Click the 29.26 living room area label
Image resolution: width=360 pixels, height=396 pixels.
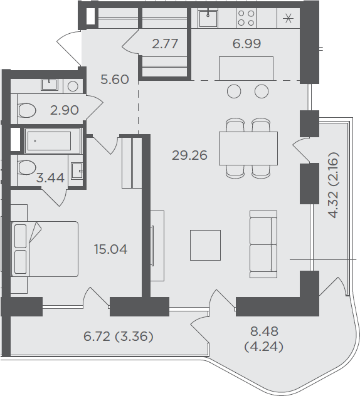pos(189,155)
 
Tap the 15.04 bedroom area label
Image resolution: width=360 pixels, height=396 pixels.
pos(111,249)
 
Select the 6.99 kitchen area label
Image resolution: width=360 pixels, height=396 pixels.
pos(246,44)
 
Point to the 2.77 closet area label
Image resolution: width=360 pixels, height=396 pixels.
pos(165,44)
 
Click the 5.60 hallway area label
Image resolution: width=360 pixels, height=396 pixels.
pos(115,80)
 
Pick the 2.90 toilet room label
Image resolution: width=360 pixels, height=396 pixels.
pos(65,110)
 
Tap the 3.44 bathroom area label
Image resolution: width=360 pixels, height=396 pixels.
pos(50,178)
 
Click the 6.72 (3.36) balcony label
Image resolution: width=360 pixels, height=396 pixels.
pos(119,336)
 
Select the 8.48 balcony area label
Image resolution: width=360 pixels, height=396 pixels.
pos(264,331)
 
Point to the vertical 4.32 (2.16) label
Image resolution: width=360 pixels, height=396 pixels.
pos(332,185)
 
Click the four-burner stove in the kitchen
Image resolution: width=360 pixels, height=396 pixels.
pos(246,18)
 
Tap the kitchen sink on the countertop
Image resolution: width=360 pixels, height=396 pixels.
pos(208,18)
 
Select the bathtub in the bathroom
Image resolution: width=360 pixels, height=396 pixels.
pos(53,141)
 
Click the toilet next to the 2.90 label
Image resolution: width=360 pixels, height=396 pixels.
pos(26,110)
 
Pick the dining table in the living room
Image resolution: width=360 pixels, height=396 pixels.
pos(248,148)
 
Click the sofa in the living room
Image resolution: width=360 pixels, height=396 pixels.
pos(263,244)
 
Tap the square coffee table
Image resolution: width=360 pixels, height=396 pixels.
pos(205,245)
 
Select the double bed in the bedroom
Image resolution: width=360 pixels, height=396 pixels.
pos(45,249)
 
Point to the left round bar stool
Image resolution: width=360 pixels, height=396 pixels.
pos(234,91)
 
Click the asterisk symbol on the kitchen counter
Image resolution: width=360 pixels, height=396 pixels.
pos(289,18)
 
